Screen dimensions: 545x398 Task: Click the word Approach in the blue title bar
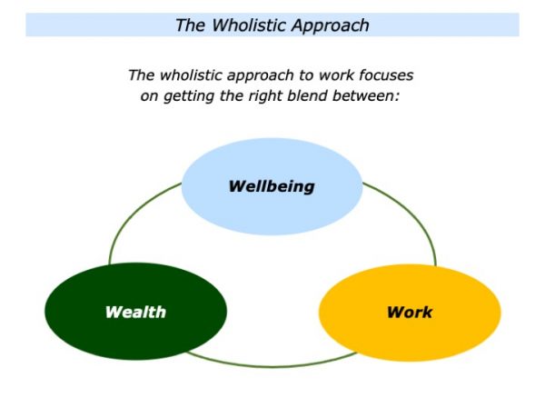point(331,26)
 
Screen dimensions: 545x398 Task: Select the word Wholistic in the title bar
point(249,25)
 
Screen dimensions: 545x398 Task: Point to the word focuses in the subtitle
point(386,75)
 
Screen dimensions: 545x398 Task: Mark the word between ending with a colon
point(366,95)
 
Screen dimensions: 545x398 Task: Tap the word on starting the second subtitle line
point(150,96)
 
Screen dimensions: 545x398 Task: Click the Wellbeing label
point(272,186)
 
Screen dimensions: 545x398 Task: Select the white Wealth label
point(135,313)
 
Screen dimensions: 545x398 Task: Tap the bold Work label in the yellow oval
point(410,313)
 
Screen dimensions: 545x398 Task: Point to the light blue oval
point(272,186)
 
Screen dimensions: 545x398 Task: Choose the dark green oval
point(135,312)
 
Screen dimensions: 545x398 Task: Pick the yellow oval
point(410,313)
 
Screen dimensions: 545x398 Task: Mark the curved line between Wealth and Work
point(272,366)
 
